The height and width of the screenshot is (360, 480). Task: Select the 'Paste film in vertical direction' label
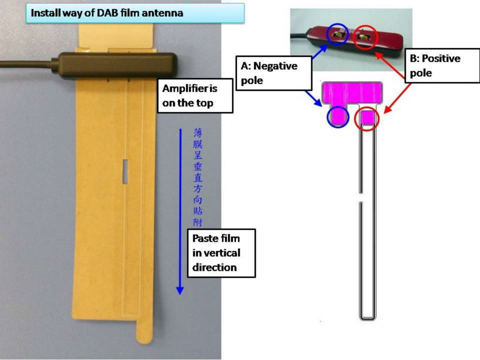click(221, 253)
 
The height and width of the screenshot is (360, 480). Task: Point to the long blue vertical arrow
click(179, 210)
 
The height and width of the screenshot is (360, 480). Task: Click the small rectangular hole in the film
click(125, 171)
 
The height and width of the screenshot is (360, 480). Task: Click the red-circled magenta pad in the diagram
click(367, 118)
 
